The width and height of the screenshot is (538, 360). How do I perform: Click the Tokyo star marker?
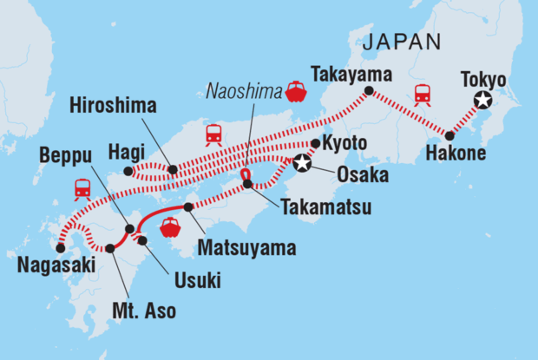click(x=483, y=102)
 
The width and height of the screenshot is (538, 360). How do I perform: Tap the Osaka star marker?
click(x=303, y=162)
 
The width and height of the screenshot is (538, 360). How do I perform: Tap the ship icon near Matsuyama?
click(x=171, y=227)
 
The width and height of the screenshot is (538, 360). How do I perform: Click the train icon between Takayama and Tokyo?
click(x=423, y=95)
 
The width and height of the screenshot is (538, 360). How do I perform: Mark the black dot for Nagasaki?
click(x=60, y=248)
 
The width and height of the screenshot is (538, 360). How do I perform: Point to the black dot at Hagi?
click(x=128, y=171)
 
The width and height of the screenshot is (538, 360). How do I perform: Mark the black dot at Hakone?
click(x=449, y=135)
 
